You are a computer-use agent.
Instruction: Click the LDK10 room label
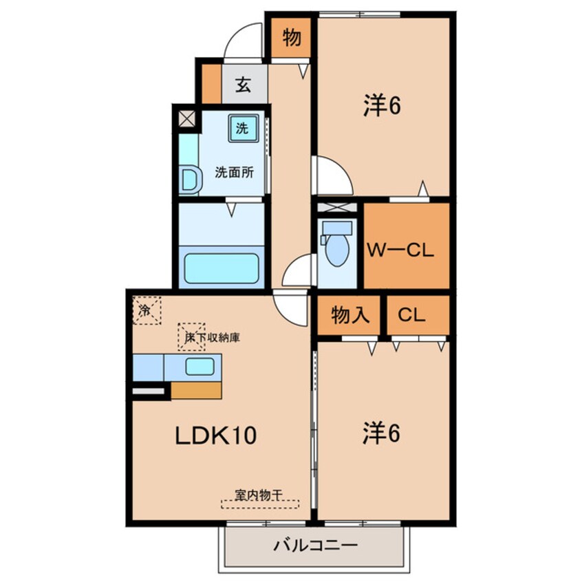(x=215, y=435)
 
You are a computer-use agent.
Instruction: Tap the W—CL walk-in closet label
(x=400, y=250)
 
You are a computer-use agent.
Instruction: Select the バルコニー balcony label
(x=316, y=546)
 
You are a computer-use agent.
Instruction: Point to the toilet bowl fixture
(x=336, y=243)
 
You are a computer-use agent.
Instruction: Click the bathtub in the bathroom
(x=222, y=268)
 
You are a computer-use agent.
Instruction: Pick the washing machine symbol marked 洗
(x=242, y=129)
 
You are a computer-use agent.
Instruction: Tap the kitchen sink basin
(x=200, y=367)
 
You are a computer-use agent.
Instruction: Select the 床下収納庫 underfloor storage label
(x=213, y=337)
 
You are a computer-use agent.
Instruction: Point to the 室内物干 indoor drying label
(x=259, y=495)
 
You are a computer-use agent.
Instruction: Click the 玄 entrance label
(x=243, y=85)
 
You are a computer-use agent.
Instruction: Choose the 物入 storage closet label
(x=350, y=315)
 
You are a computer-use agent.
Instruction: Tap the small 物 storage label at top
(x=292, y=37)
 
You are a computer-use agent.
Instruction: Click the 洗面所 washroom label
(x=235, y=173)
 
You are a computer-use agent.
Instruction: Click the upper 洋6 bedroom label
(x=382, y=106)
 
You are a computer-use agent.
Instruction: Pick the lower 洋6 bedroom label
(x=382, y=433)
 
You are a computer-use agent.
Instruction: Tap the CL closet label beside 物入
(x=411, y=315)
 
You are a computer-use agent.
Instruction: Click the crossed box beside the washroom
(x=187, y=119)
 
